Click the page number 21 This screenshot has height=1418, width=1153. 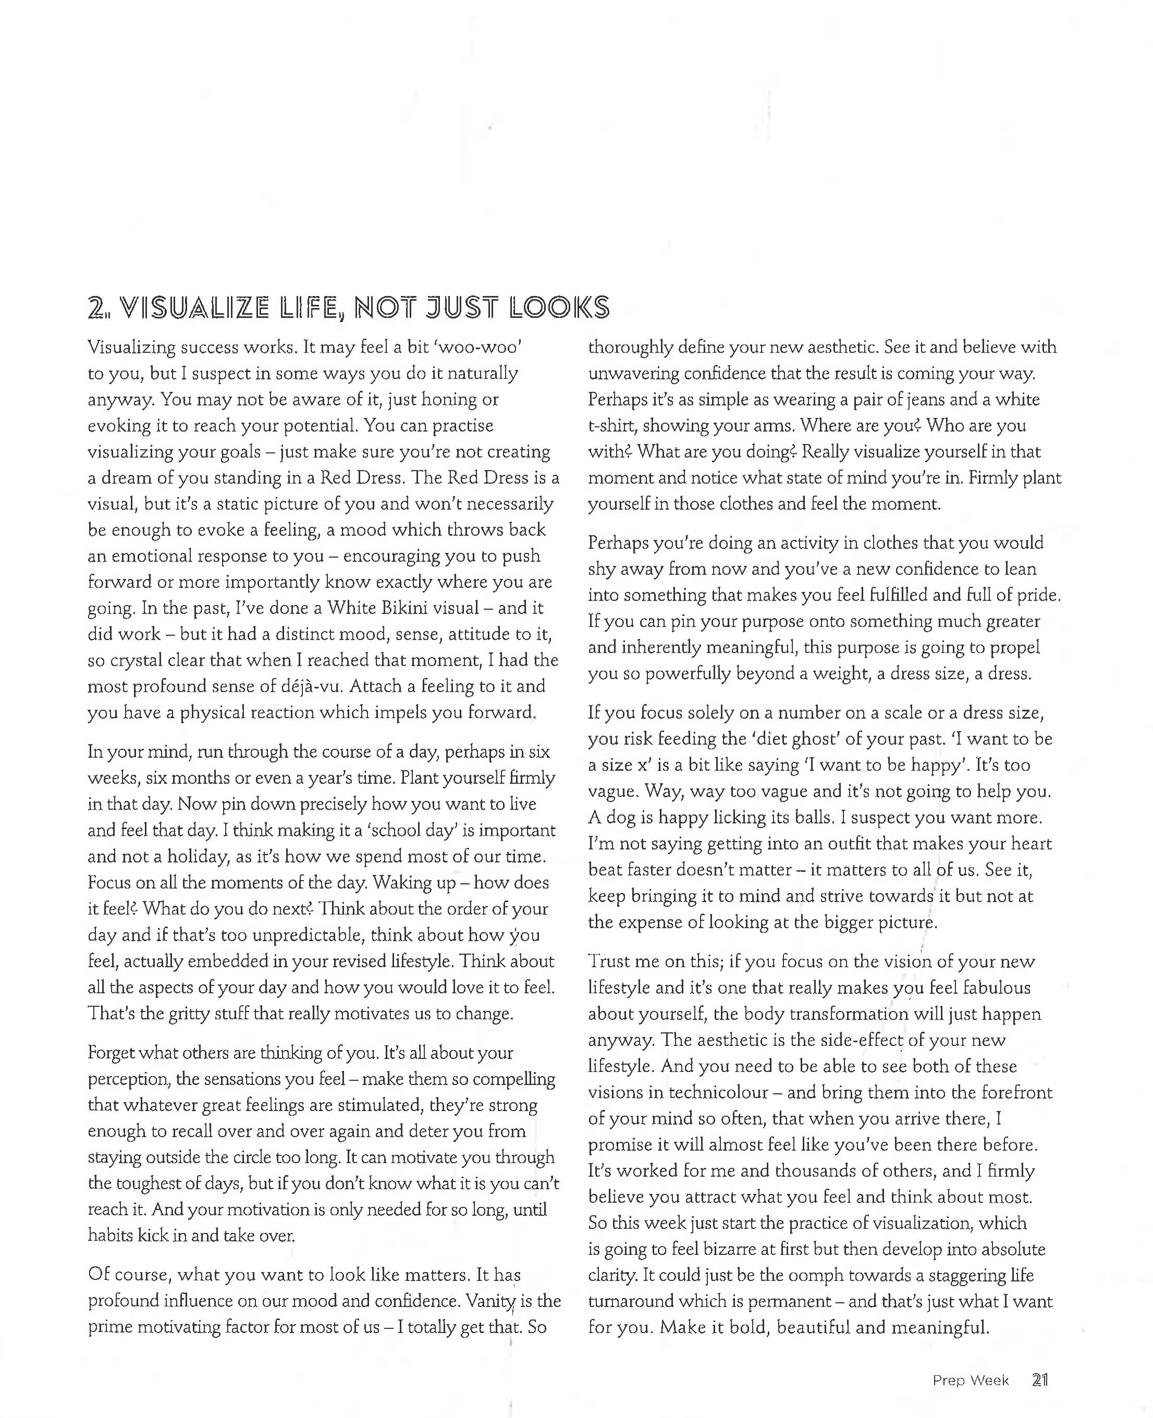point(1040,1380)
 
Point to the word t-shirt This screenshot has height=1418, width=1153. point(612,426)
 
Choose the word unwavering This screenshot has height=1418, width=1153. point(628,373)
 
